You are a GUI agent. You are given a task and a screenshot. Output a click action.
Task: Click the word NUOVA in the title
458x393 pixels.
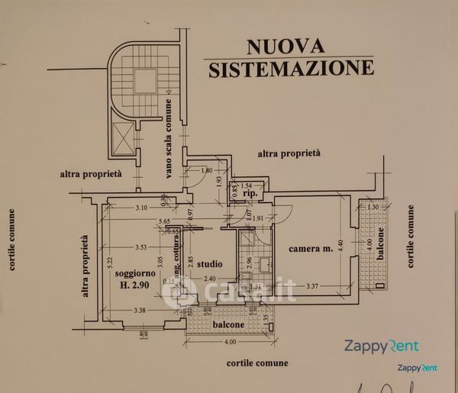285,47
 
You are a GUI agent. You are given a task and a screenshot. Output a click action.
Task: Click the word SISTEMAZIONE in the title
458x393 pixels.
291,69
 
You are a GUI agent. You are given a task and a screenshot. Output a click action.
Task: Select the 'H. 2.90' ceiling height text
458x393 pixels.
135,286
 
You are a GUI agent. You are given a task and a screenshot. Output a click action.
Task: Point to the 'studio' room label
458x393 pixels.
210,264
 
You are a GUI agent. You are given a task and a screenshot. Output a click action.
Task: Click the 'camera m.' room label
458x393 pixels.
311,249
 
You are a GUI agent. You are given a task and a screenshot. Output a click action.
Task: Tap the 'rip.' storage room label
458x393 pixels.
248,195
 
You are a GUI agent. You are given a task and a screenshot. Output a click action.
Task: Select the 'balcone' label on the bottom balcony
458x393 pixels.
228,324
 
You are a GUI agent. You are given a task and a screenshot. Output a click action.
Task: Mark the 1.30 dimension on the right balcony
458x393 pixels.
373,208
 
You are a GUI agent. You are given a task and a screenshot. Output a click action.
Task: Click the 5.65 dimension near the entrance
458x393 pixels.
165,222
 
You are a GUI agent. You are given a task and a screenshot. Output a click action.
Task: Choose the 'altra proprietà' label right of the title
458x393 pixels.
289,153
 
